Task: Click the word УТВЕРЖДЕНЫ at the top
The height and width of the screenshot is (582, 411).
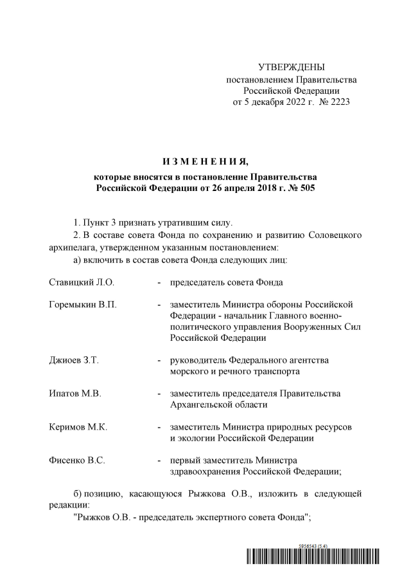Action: pos(291,68)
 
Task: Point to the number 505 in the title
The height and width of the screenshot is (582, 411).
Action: pos(308,188)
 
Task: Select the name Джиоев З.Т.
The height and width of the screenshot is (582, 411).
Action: pos(74,360)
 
